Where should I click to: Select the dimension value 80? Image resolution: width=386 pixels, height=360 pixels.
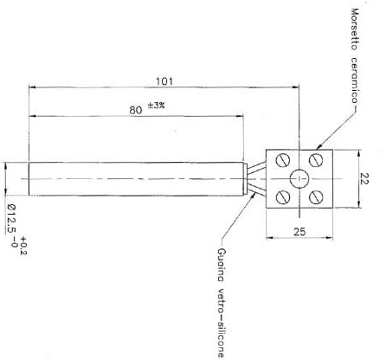pos(134,110)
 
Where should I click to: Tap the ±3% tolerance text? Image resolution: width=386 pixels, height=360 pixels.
pos(157,106)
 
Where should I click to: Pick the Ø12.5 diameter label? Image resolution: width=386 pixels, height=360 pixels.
pos(11,226)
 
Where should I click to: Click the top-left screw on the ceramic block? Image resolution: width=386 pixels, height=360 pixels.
pos(282,161)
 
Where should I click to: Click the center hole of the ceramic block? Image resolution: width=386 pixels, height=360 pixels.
pos(298,177)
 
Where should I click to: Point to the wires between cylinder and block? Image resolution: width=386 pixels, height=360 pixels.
pos(255,177)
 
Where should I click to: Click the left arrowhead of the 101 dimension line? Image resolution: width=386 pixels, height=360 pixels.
pos(33,87)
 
